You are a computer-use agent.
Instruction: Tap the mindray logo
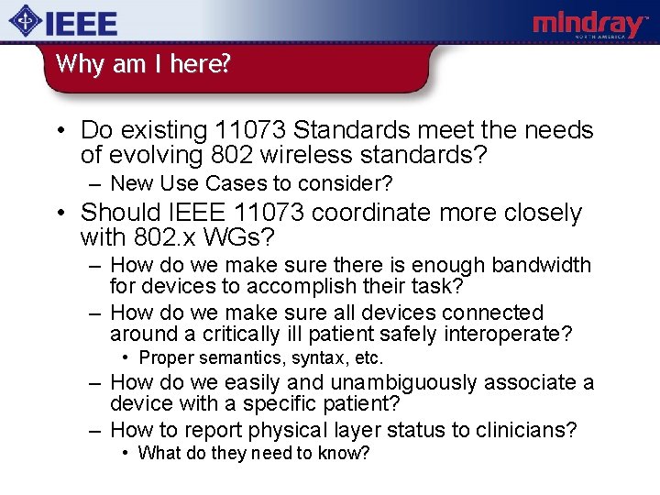coord(589,25)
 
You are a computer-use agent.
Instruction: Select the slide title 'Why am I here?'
coord(142,64)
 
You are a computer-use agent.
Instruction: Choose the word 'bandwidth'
coord(542,266)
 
